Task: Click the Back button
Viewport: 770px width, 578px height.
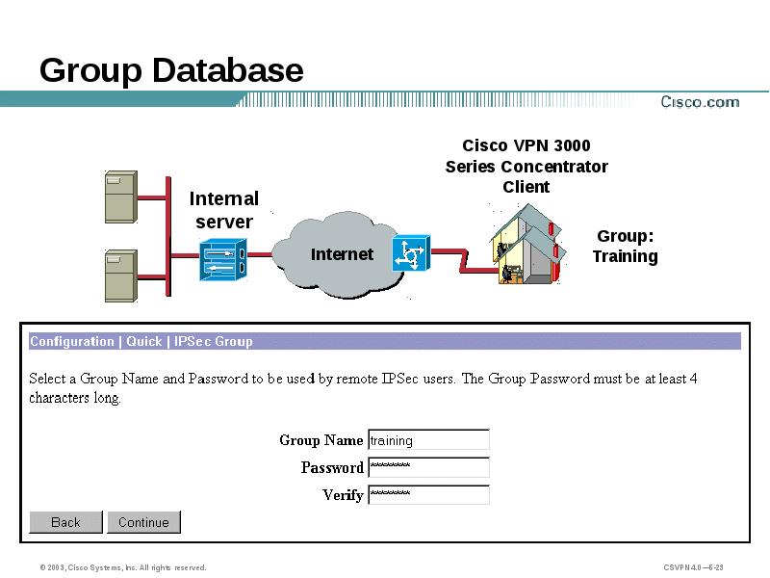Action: click(65, 522)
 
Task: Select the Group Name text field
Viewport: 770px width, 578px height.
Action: click(428, 440)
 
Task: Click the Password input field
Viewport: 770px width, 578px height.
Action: click(428, 467)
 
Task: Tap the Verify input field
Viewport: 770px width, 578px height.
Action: click(428, 494)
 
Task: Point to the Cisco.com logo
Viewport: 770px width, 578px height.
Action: click(699, 102)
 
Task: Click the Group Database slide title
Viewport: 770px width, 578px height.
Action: click(171, 70)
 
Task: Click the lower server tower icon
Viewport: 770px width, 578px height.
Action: click(120, 276)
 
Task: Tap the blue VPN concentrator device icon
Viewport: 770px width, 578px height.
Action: click(223, 257)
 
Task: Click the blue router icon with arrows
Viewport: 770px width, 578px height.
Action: click(411, 253)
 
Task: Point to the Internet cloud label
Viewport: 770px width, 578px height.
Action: click(342, 254)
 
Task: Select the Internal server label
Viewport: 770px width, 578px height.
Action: click(224, 210)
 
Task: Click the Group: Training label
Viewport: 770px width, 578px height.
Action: click(625, 246)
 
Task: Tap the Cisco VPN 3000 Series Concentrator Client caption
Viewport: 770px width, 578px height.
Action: click(526, 167)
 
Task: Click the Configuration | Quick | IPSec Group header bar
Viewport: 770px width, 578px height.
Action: click(385, 341)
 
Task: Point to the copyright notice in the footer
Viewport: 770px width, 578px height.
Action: click(123, 567)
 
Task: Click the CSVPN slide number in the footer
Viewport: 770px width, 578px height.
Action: click(693, 567)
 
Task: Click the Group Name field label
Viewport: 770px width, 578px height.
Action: click(321, 440)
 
